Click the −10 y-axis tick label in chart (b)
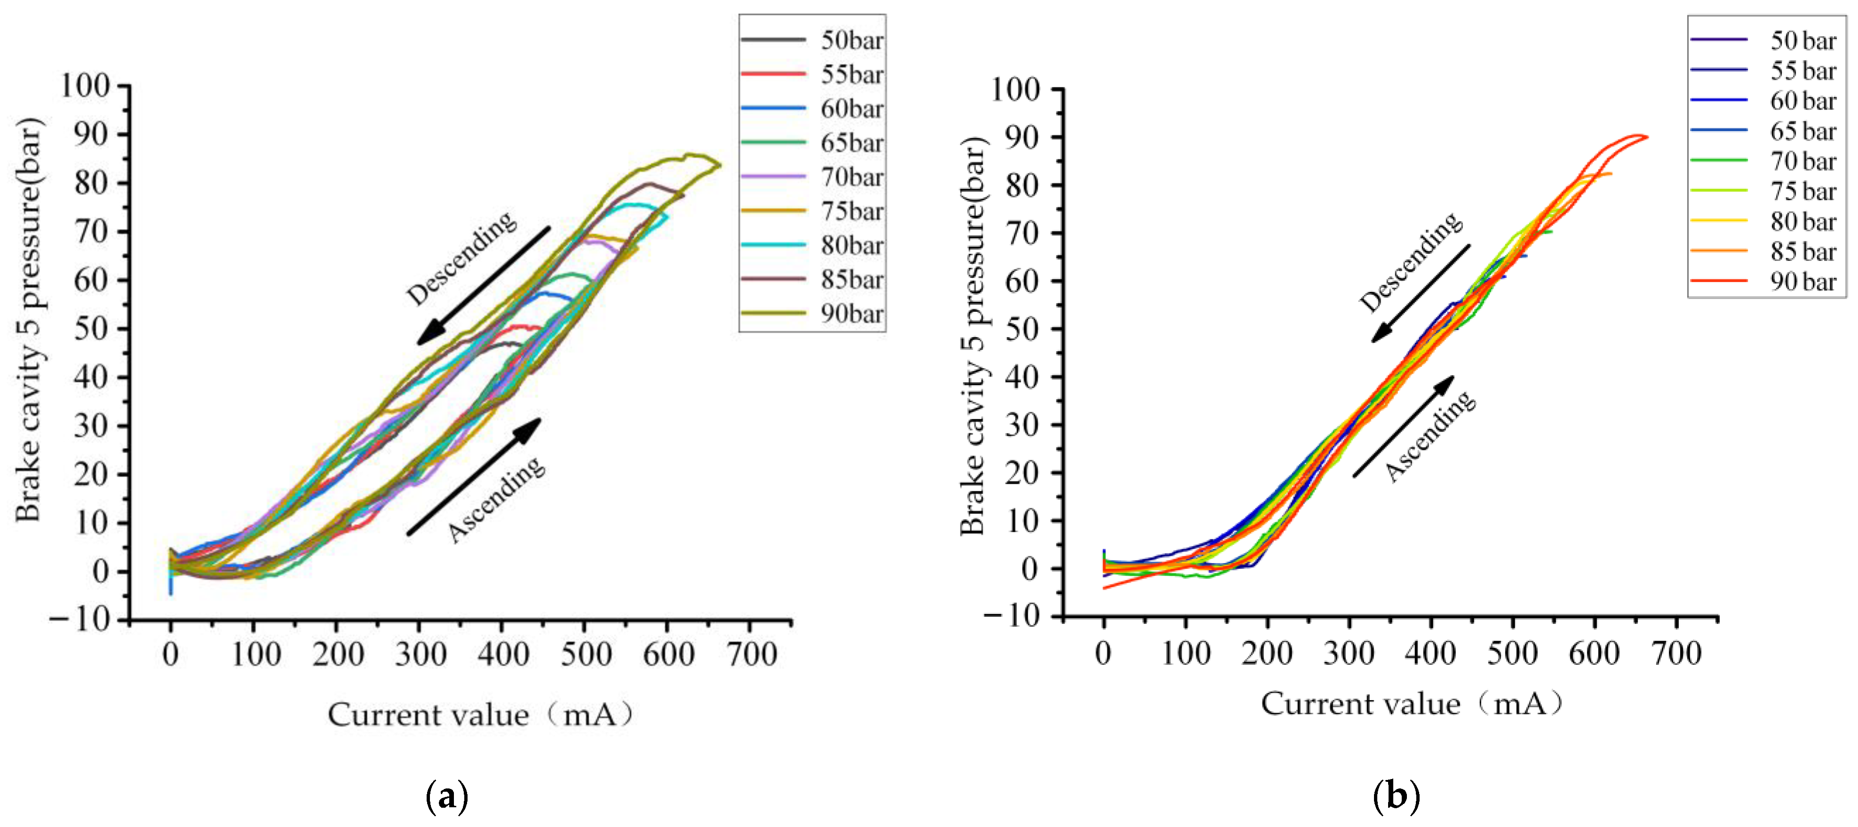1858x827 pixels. click(x=1013, y=616)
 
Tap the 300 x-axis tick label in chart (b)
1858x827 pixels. click(x=1349, y=653)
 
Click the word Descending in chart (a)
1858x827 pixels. click(x=461, y=257)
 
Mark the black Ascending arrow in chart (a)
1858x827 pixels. click(x=474, y=477)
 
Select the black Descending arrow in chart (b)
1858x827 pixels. click(x=1420, y=293)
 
